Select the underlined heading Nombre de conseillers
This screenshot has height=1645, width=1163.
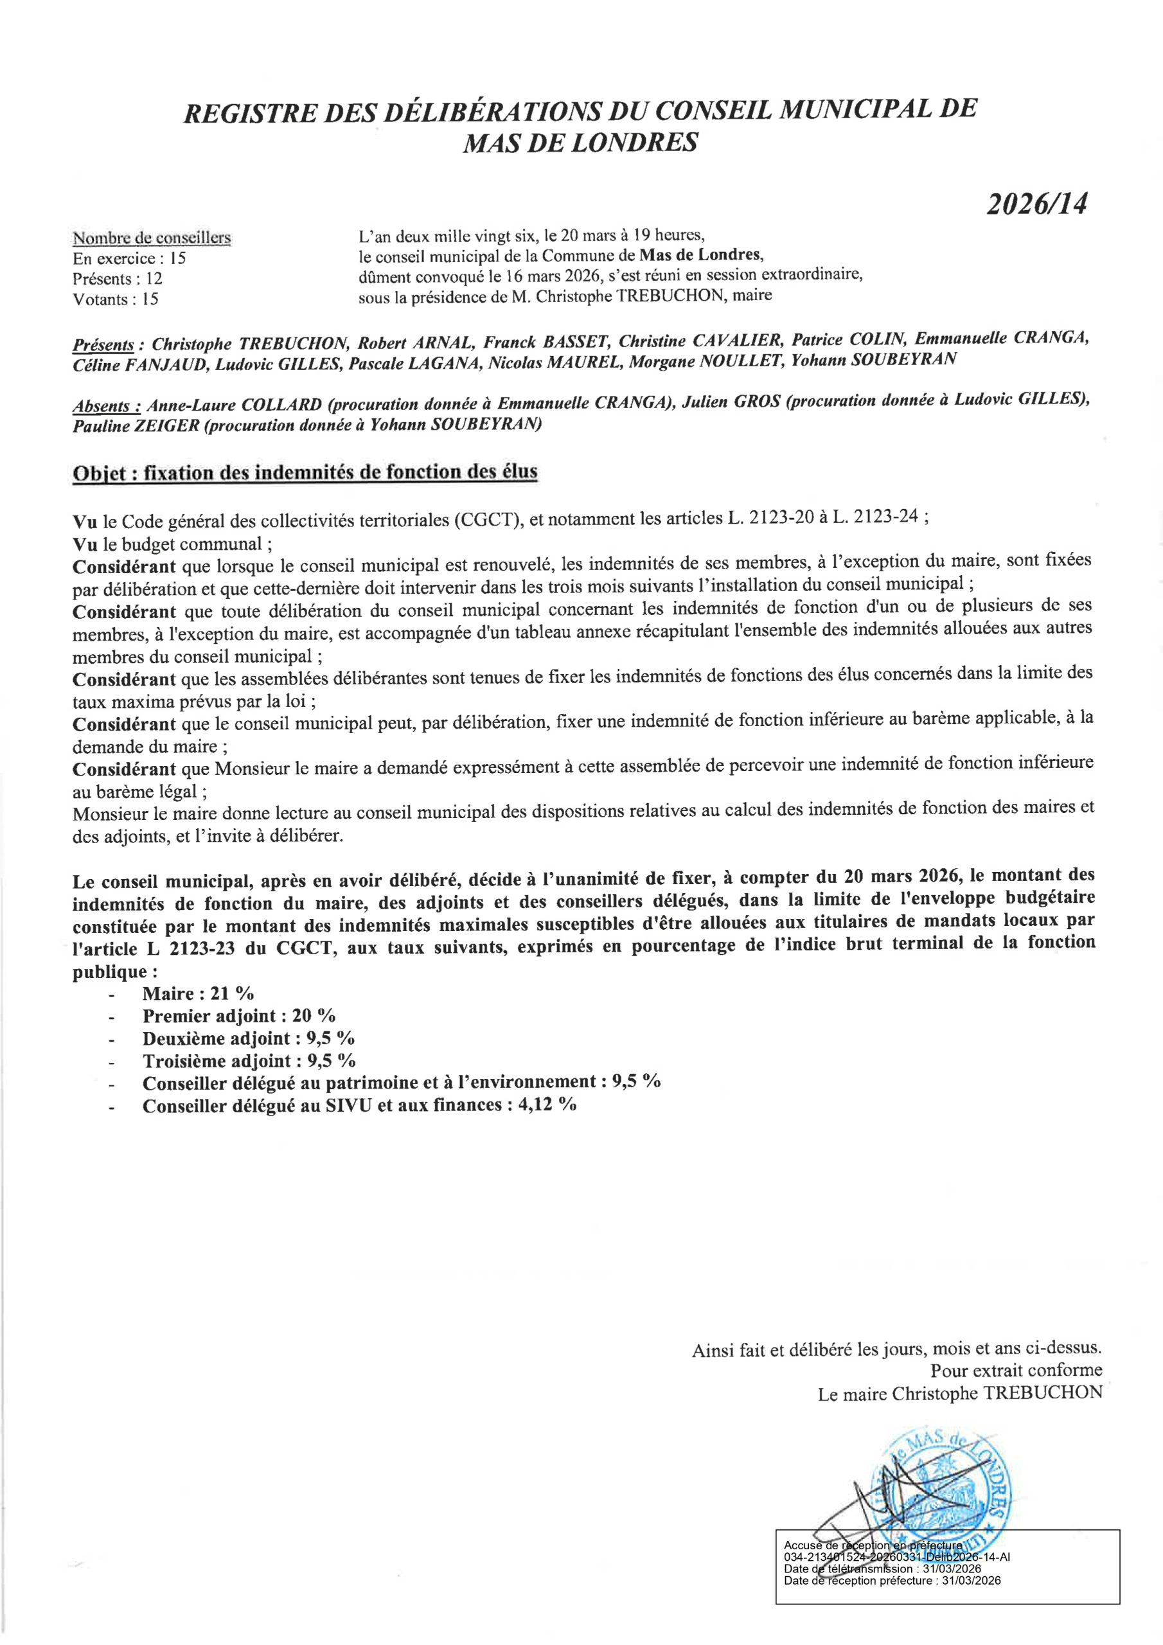coord(151,238)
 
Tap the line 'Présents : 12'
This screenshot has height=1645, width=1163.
coord(118,279)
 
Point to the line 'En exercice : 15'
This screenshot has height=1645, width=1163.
coord(129,259)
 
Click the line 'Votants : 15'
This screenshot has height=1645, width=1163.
coord(116,299)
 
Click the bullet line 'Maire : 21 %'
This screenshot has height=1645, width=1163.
coord(198,993)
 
